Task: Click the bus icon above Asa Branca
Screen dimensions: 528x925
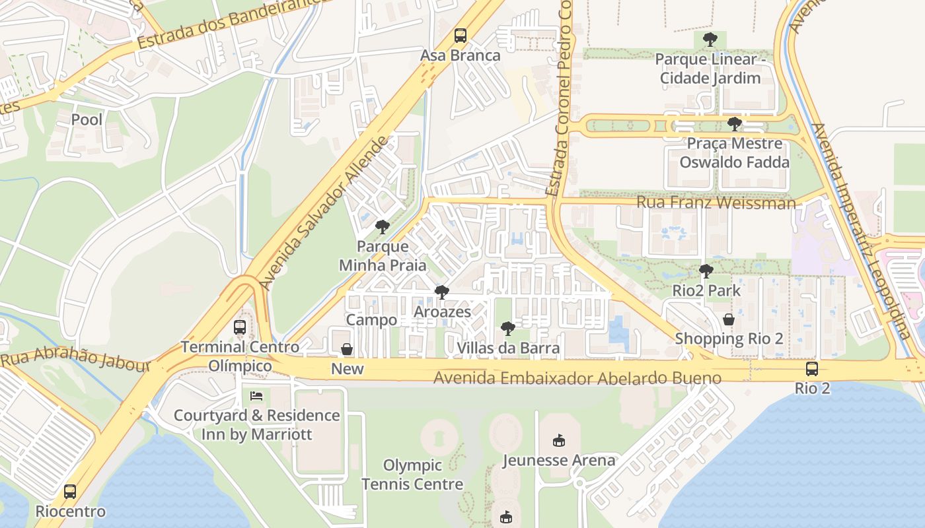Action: click(x=461, y=36)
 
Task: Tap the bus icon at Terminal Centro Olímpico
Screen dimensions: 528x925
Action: click(x=240, y=327)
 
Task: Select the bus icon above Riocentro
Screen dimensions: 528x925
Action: click(x=70, y=492)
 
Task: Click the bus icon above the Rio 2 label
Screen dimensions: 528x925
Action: click(x=812, y=368)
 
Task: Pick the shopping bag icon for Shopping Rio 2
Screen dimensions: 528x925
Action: click(x=729, y=319)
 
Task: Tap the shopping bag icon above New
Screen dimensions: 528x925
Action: click(x=347, y=349)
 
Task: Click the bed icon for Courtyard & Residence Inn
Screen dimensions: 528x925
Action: click(x=256, y=396)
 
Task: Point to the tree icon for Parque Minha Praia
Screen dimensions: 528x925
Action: click(x=382, y=227)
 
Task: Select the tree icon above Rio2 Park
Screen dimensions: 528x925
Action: click(x=706, y=271)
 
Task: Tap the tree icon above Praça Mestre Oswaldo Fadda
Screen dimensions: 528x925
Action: click(x=734, y=123)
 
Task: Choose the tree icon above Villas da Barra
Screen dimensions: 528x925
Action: click(x=507, y=328)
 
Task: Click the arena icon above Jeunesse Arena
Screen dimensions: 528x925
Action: click(x=559, y=440)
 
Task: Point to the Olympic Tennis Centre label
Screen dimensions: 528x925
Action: click(x=412, y=475)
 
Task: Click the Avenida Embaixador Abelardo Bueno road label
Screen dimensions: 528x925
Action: click(x=577, y=378)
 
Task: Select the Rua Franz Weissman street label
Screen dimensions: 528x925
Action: click(x=716, y=203)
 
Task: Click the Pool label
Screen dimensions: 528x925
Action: click(x=87, y=119)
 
